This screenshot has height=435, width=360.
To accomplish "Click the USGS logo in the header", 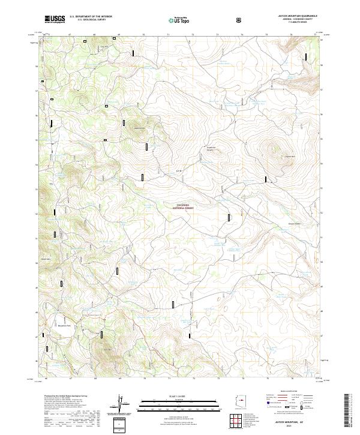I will point(55,20).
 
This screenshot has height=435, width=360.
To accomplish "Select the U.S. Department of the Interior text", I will point(91,17).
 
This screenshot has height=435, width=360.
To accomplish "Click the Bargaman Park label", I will point(64,326).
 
